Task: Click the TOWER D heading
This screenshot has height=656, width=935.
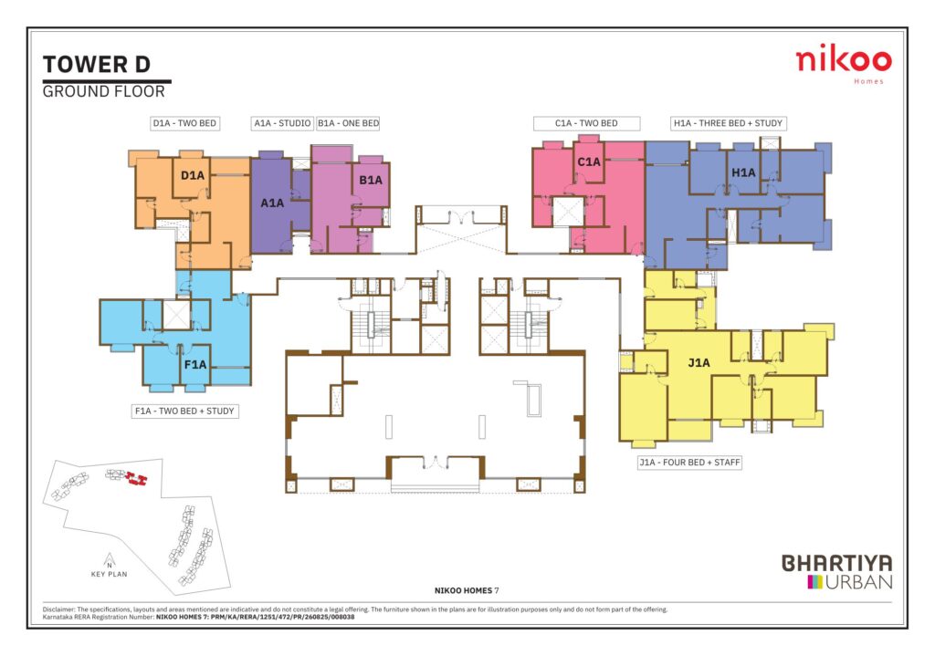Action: (97, 65)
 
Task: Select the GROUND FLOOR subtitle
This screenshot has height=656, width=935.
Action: (104, 92)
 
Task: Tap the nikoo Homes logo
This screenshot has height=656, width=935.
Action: (843, 63)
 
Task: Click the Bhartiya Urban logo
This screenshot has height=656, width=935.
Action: (836, 572)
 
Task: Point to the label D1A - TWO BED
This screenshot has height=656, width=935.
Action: (184, 123)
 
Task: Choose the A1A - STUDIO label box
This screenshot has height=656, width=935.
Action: (282, 123)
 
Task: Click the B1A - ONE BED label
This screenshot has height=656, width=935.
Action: (348, 123)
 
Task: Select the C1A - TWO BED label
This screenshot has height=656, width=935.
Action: (586, 123)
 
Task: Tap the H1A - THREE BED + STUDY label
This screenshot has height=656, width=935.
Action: (728, 123)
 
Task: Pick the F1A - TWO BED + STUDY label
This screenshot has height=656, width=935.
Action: (184, 411)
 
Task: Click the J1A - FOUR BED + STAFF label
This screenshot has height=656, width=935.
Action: (689, 463)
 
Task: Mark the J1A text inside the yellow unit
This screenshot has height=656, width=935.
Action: (699, 362)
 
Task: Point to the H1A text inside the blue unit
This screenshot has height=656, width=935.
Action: (743, 172)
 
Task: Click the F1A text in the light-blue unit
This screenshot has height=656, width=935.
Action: (195, 365)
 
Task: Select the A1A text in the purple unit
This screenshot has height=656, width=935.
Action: (272, 203)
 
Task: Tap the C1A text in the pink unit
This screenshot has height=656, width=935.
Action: (589, 161)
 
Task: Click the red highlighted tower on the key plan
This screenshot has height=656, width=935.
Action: (138, 478)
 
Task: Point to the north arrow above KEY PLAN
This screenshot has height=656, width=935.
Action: (110, 560)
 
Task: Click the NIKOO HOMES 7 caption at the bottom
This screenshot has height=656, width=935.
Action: (467, 590)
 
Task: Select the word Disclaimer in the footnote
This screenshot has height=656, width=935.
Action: (58, 609)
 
